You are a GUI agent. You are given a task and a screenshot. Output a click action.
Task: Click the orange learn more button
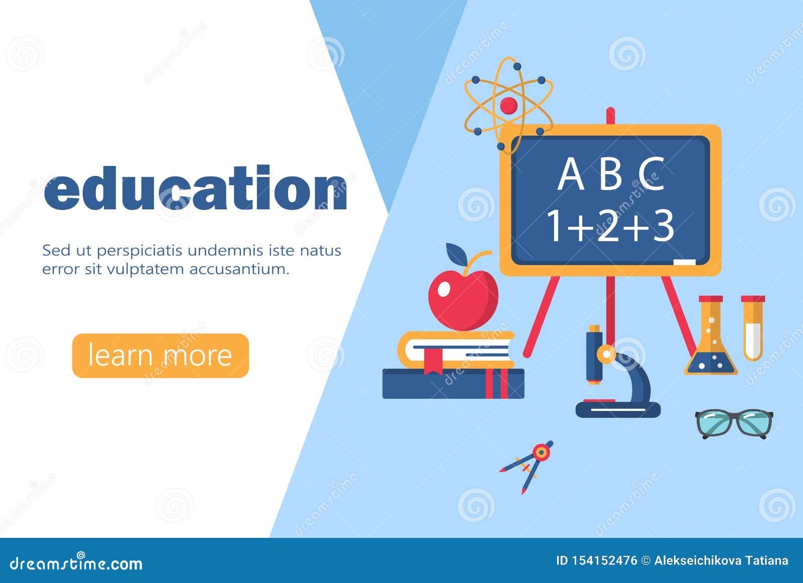[161, 355]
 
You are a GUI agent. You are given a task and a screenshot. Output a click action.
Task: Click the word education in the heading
[196, 188]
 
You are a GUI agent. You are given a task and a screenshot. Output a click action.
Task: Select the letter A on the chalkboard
[571, 174]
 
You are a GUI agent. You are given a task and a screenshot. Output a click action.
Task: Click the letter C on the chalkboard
[651, 174]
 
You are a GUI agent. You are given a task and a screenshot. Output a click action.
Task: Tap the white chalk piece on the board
[684, 263]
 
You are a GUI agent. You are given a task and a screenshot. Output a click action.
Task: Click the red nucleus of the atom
[508, 105]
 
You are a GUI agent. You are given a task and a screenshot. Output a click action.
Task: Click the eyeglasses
[734, 424]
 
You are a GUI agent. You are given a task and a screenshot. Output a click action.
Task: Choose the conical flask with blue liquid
[711, 341]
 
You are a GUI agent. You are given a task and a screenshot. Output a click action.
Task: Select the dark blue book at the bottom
[453, 384]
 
